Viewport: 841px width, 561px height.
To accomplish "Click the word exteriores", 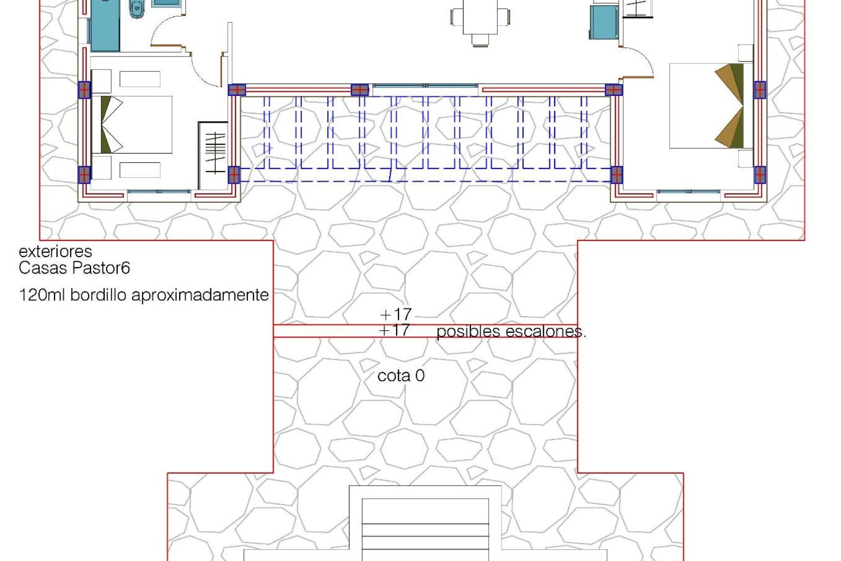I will coord(55,252).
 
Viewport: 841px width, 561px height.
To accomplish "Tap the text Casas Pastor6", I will coord(74,268).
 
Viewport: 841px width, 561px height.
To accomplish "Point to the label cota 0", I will coord(401,376).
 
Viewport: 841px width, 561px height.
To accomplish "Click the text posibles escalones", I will coord(510,332).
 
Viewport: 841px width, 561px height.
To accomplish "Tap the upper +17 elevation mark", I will coord(396,314).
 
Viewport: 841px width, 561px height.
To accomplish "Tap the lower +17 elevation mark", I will coord(395,330).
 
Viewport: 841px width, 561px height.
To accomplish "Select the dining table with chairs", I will coord(480,20).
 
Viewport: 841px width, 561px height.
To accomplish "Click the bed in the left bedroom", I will coord(131,124).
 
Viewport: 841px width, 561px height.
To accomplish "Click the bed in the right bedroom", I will coord(710,105).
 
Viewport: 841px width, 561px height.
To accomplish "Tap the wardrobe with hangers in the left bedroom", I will coord(214,153).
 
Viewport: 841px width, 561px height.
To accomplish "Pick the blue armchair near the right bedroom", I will coord(603,22).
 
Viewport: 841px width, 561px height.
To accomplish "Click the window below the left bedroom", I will coord(159,192).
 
